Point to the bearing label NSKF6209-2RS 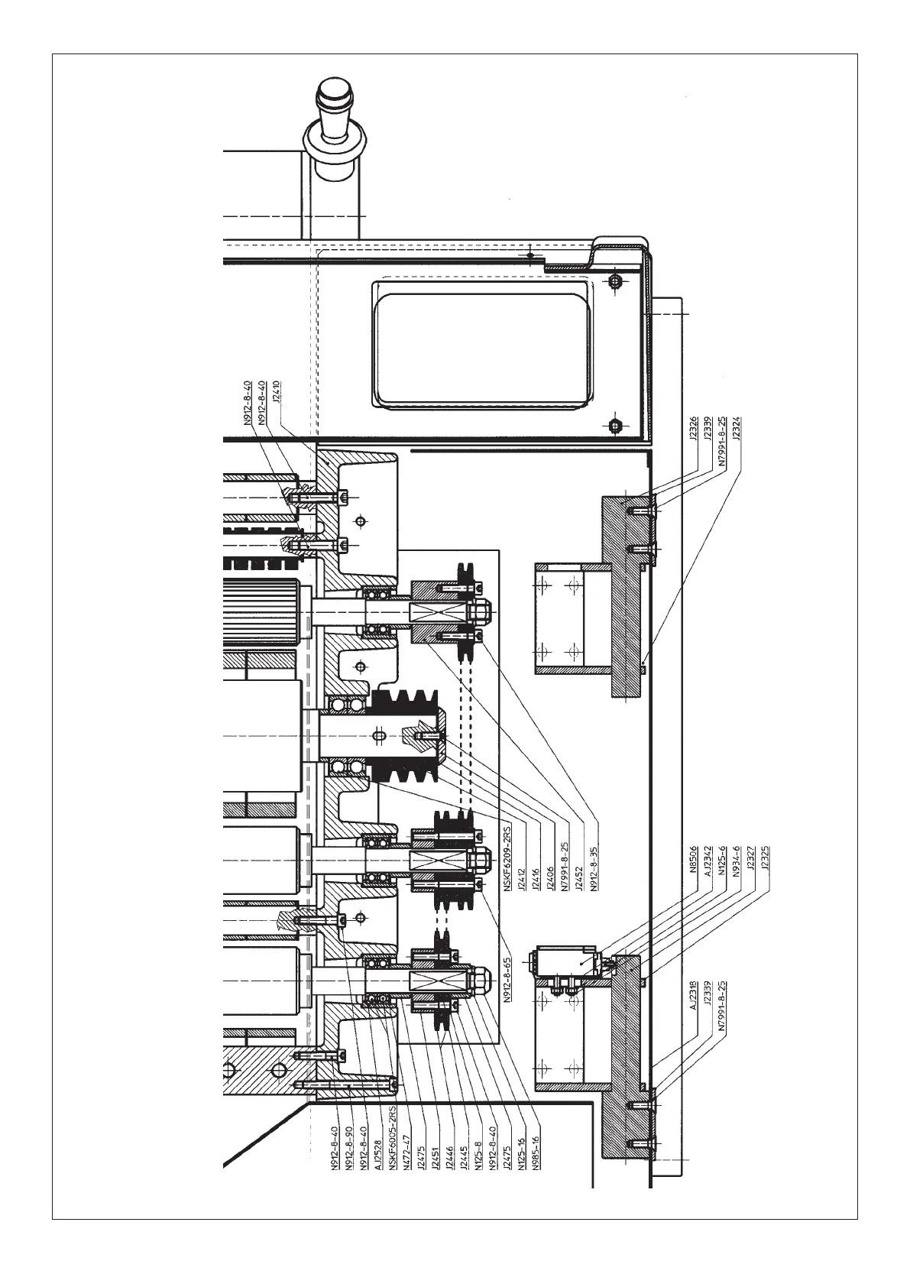click(x=507, y=857)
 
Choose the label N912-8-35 click(x=594, y=868)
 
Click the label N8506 click(x=693, y=859)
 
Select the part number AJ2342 click(x=708, y=861)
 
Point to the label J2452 click(x=580, y=878)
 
